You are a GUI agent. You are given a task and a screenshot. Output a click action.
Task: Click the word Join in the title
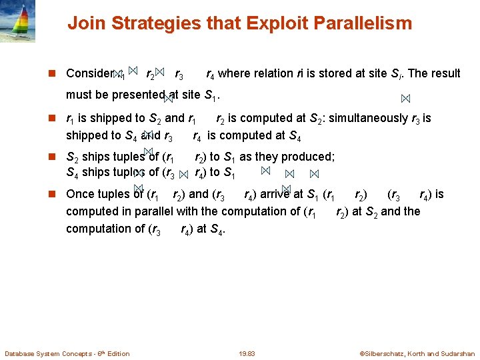85,24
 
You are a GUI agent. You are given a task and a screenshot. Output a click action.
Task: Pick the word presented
142,95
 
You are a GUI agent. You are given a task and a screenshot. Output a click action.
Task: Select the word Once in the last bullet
80,195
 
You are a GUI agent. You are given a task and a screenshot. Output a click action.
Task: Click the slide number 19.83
246,353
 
